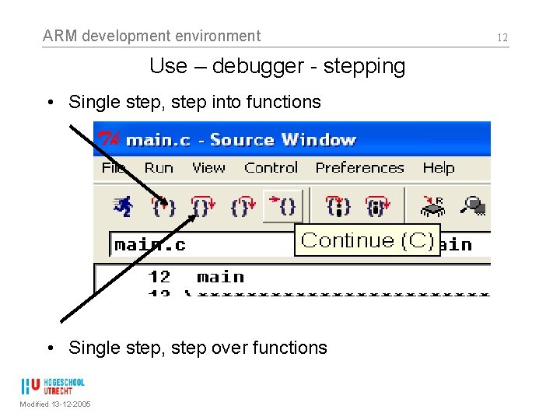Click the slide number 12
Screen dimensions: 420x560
[x=502, y=37]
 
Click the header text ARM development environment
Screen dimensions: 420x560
[x=152, y=36]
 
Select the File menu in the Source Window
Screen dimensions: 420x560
[x=114, y=168]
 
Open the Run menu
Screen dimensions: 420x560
[x=159, y=168]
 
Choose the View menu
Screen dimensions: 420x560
[x=208, y=168]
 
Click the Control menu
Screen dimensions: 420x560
[x=271, y=168]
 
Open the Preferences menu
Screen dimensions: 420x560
[x=359, y=168]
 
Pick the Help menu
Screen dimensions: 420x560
[x=439, y=168]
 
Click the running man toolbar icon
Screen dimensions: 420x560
[x=123, y=206]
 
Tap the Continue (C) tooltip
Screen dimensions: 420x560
[x=367, y=240]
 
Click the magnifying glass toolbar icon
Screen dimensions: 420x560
[x=472, y=205]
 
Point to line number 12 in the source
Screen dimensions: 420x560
[x=159, y=277]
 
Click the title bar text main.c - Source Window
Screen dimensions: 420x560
[x=241, y=140]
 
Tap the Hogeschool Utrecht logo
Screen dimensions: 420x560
[x=54, y=387]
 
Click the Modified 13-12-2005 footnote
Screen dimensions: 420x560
[x=55, y=404]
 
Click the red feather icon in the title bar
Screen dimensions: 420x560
[x=107, y=140]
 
